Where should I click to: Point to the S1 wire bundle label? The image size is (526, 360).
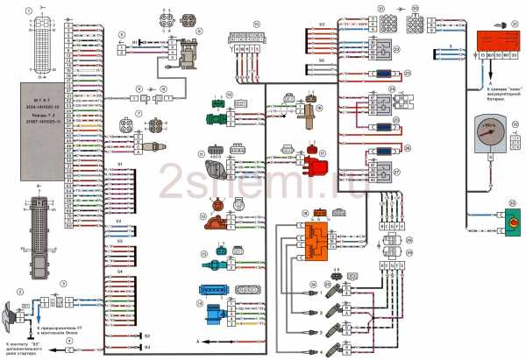pos(120,164)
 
